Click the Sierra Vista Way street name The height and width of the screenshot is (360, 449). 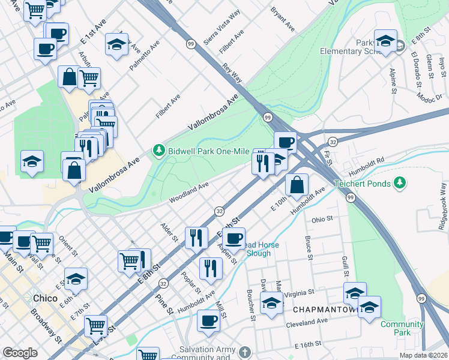[221, 23]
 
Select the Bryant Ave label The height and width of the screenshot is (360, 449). [282, 20]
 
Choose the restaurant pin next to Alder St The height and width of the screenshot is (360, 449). [196, 237]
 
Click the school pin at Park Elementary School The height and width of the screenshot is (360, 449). [385, 41]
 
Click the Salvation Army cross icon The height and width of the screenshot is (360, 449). [244, 351]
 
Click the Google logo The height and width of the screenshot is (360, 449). [20, 353]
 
